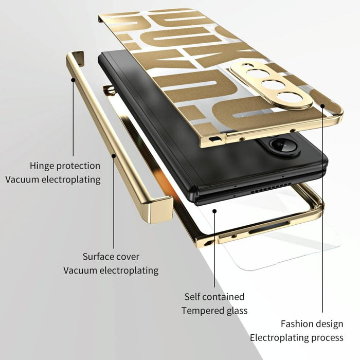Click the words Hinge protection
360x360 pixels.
tap(65, 166)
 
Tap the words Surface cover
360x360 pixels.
tap(111, 257)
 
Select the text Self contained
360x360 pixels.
tap(214, 297)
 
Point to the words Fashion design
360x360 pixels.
tap(312, 324)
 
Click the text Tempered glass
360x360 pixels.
tap(214, 311)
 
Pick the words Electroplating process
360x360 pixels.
tap(297, 338)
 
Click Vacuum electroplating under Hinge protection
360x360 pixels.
tap(53, 179)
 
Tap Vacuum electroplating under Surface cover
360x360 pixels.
tap(111, 270)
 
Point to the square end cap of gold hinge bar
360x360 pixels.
tap(163, 209)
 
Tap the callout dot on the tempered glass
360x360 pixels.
tap(214, 210)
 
